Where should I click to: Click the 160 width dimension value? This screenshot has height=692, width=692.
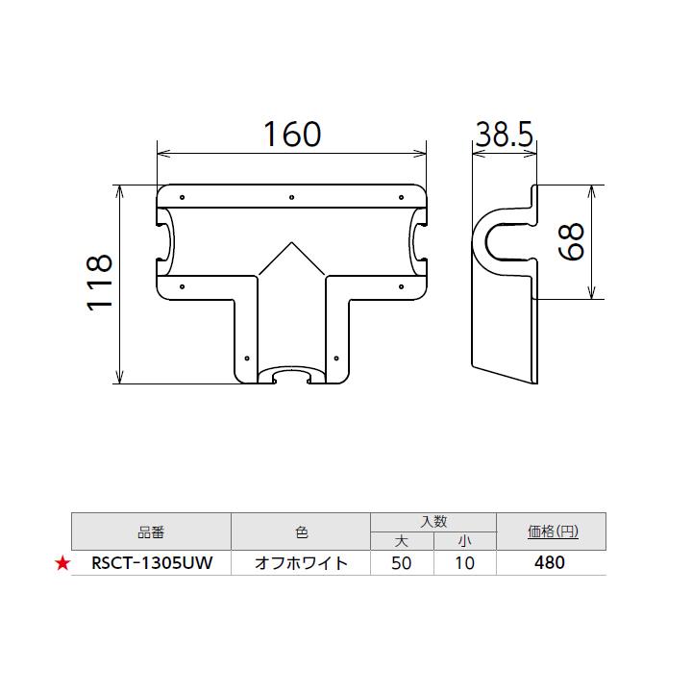click(292, 135)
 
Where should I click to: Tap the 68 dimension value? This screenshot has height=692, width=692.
click(571, 241)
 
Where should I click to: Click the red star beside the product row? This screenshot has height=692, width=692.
click(62, 564)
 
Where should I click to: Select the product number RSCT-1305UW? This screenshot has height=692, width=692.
click(152, 564)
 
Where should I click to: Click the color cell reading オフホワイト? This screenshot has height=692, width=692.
click(301, 564)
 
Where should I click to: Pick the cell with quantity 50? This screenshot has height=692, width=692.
click(402, 564)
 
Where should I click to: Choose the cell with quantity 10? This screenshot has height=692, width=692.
click(464, 564)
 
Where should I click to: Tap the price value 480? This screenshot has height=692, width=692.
click(550, 564)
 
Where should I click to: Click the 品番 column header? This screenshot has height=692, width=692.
click(152, 531)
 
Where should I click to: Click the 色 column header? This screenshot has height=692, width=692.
click(301, 531)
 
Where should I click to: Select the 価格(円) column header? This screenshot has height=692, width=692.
click(553, 531)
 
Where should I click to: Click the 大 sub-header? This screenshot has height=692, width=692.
click(402, 540)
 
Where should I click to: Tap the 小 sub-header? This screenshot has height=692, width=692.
click(464, 540)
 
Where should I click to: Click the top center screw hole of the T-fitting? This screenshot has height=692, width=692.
click(292, 199)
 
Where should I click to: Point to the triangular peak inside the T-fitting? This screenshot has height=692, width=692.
click(292, 246)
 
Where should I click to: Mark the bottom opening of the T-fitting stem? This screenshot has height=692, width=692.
click(292, 374)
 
